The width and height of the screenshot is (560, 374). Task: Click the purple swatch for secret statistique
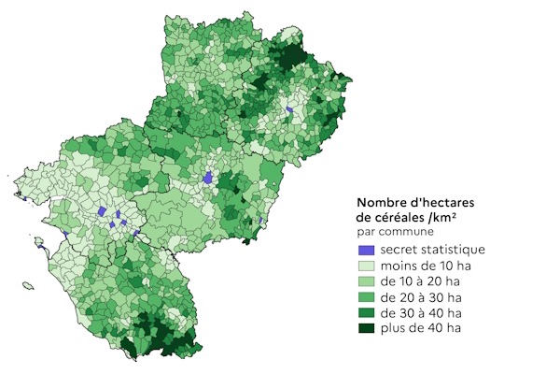coord(367,251)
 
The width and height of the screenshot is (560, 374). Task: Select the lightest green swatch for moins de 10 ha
coord(367,266)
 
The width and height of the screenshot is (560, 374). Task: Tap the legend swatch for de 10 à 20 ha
coord(367,281)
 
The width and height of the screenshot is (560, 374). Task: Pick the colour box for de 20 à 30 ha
coord(367,297)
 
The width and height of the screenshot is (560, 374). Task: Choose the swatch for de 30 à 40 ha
coord(367,313)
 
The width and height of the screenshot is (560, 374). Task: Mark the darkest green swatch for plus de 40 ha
coord(367,328)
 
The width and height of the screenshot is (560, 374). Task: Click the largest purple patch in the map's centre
coord(208,178)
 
